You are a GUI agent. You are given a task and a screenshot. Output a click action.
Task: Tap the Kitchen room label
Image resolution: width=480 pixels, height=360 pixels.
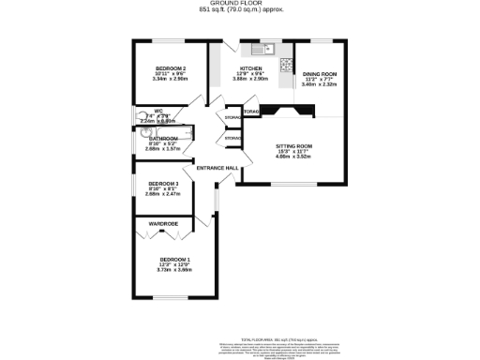[250, 68]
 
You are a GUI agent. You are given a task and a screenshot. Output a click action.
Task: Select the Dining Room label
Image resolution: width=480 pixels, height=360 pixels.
[320, 73]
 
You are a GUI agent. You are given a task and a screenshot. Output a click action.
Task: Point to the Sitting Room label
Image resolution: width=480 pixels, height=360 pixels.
[293, 147]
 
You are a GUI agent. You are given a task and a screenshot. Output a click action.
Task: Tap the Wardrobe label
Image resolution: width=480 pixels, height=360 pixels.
[164, 223]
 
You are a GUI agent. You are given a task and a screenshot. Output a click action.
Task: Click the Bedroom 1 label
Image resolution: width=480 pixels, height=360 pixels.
[174, 259]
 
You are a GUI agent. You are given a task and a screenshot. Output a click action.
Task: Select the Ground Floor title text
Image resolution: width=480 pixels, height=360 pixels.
[241, 4]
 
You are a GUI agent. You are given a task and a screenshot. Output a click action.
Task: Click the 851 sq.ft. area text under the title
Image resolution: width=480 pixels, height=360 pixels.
[241, 10]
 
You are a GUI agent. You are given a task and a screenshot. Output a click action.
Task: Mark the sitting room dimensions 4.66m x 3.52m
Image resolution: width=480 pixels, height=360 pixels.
[293, 157]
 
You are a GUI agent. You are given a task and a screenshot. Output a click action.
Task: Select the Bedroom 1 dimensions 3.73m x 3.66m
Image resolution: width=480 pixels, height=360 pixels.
[174, 269]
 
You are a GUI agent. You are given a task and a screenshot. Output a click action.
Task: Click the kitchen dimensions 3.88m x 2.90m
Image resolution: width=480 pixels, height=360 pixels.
[250, 79]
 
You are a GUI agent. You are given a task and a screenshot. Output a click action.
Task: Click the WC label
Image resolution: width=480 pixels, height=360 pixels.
[145, 112]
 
